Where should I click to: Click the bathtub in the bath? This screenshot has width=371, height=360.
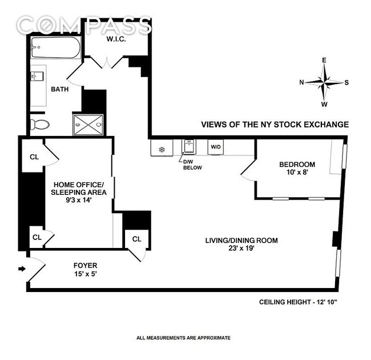56,47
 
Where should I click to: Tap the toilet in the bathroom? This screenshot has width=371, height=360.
39,125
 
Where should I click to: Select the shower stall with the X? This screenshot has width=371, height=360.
88,125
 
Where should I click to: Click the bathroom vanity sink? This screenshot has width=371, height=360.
37,76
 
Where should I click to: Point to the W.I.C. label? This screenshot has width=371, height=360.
116,39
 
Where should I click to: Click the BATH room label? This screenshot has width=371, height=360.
59,89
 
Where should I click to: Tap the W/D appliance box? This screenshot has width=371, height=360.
216,147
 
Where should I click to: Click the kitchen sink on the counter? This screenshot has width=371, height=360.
188,146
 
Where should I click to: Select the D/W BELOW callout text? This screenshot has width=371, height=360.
192,165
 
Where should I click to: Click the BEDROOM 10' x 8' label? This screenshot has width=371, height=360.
297,168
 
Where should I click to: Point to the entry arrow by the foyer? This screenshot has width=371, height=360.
22,269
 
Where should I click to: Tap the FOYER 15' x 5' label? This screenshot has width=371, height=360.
86,270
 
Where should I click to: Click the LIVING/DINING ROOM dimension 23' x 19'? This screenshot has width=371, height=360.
241,249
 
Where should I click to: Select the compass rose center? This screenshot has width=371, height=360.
324,83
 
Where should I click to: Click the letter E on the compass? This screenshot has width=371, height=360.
324,60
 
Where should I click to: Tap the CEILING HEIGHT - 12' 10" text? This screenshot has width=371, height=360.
298,302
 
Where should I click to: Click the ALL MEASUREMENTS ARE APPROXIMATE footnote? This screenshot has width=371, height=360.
183,338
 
